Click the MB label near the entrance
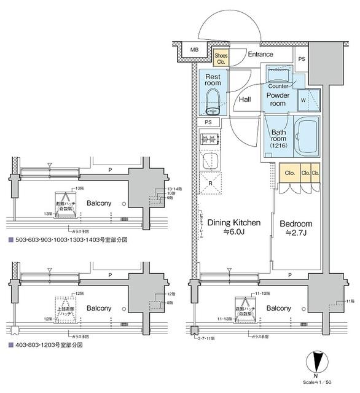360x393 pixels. click(x=194, y=50)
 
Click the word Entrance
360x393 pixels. click(x=260, y=55)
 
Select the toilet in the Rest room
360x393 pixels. click(x=213, y=101)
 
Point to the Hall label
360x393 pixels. click(x=245, y=99)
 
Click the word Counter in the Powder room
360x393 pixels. click(x=278, y=86)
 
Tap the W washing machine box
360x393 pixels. click(x=304, y=101)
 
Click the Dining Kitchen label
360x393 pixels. click(x=233, y=222)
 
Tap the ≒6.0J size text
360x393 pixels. click(x=233, y=233)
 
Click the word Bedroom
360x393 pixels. click(x=296, y=224)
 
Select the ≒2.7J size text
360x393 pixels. click(x=296, y=233)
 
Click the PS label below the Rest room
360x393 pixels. click(x=209, y=122)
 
